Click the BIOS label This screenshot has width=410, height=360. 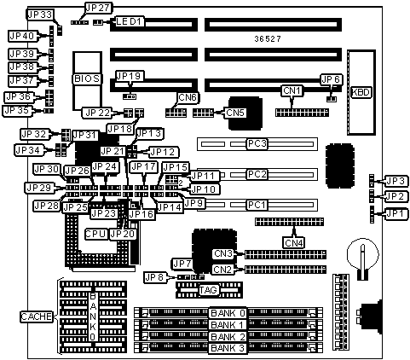click(x=87, y=78)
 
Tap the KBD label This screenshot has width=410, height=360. click(x=361, y=92)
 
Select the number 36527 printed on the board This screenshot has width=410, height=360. click(x=268, y=39)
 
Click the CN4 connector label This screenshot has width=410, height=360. click(x=294, y=243)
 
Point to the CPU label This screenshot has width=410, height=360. click(x=96, y=234)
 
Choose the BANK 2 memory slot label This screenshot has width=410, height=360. click(x=228, y=337)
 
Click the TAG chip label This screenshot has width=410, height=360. click(x=209, y=290)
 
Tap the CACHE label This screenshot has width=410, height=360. click(x=37, y=316)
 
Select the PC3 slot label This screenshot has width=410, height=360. click(x=257, y=143)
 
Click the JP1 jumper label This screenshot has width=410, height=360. click(x=397, y=213)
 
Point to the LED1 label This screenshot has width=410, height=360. click(x=129, y=21)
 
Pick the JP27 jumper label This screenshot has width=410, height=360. click(x=98, y=9)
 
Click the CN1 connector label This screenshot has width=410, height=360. click(x=292, y=90)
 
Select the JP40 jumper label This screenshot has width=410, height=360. click(x=22, y=36)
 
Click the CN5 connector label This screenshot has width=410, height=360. click(x=235, y=113)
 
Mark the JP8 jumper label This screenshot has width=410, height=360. click(x=154, y=277)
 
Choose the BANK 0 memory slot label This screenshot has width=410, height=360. click(x=228, y=313)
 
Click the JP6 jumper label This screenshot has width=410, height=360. click(x=331, y=79)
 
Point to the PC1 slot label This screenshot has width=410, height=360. click(x=257, y=205)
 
